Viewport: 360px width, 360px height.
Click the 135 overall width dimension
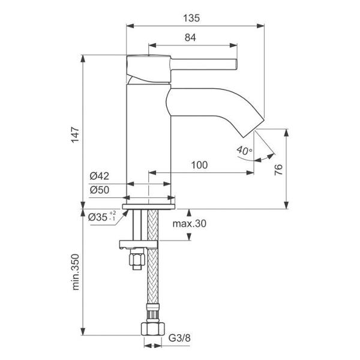coord(191,18)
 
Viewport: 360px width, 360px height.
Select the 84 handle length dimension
coord(190,38)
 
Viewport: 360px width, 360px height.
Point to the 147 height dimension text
coord(76,135)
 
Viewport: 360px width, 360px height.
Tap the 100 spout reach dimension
coord(199,165)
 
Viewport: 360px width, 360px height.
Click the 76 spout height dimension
coord(279,170)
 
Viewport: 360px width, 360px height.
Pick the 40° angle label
coord(245,151)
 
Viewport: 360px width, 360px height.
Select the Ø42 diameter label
coord(99,176)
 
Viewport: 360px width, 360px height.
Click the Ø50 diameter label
coord(100,190)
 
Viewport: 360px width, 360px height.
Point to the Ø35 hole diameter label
coord(98,217)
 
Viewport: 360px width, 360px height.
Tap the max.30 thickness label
coord(190,223)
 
